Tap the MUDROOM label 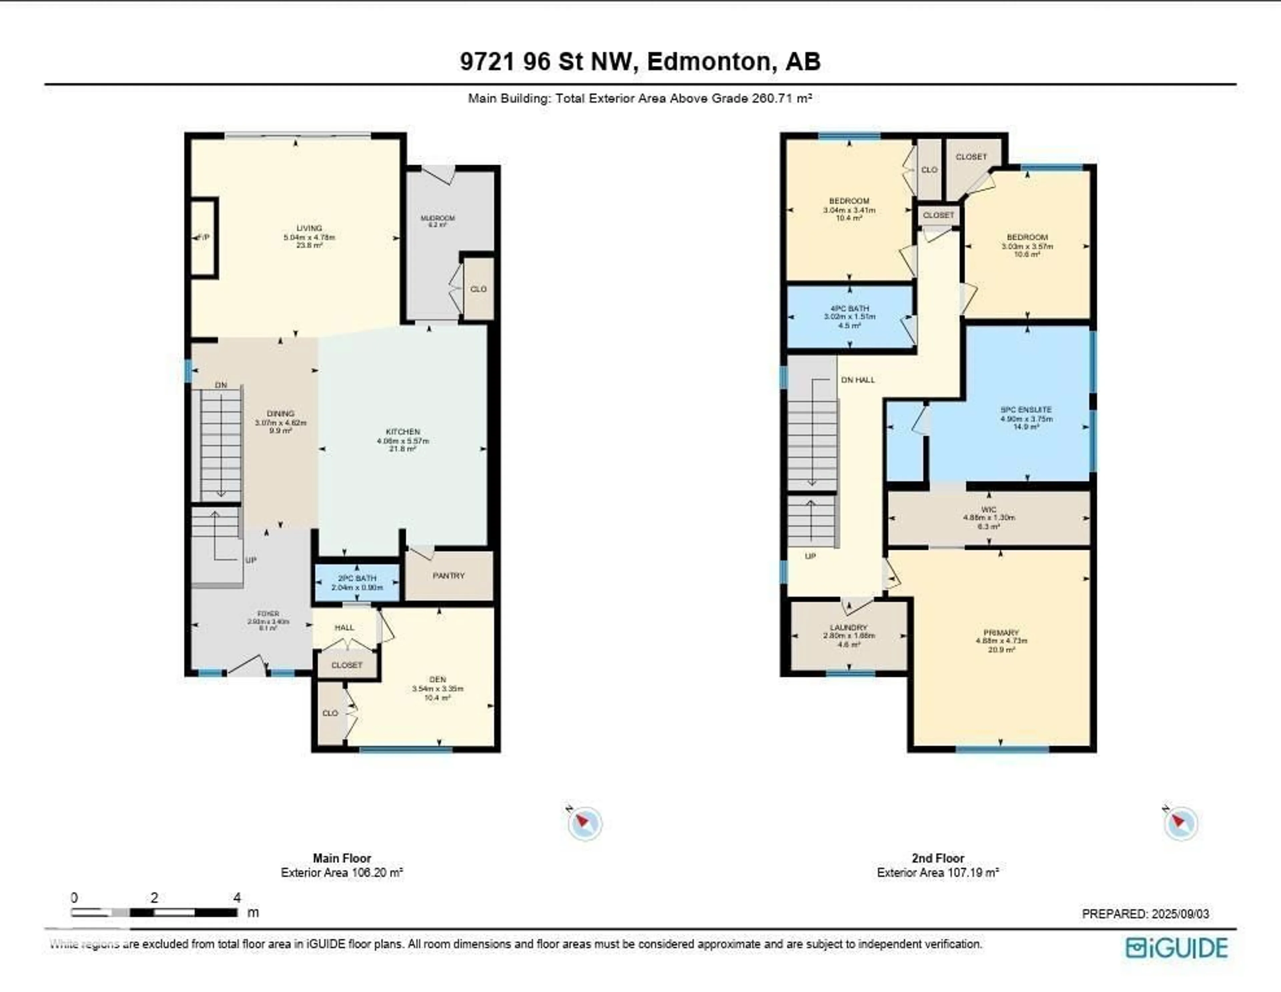[438, 218]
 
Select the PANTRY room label [449, 576]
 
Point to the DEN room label [438, 679]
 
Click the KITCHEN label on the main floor [403, 432]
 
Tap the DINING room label [280, 413]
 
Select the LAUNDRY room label [849, 628]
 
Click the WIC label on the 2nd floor [988, 510]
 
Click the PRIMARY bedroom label [1001, 633]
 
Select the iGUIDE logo [1177, 948]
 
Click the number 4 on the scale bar [237, 898]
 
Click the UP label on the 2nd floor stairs [810, 556]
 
